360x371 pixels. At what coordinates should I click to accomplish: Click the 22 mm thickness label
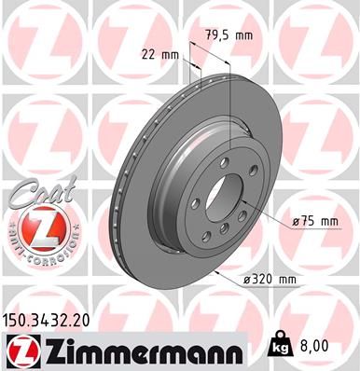point(159,55)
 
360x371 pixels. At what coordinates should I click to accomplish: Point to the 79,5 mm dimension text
point(228,36)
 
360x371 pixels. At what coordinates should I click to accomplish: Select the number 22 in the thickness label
point(149,55)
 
